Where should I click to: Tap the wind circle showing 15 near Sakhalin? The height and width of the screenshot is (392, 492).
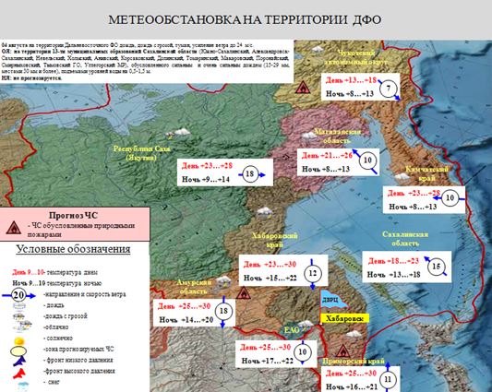[x=437, y=267]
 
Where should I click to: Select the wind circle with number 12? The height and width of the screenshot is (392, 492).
[x=313, y=272]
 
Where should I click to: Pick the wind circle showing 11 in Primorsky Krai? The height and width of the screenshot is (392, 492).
[x=390, y=378]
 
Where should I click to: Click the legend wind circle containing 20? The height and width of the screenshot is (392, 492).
[x=18, y=295]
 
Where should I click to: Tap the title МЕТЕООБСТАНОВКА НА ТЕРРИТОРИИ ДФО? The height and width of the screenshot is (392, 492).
[x=245, y=19]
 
